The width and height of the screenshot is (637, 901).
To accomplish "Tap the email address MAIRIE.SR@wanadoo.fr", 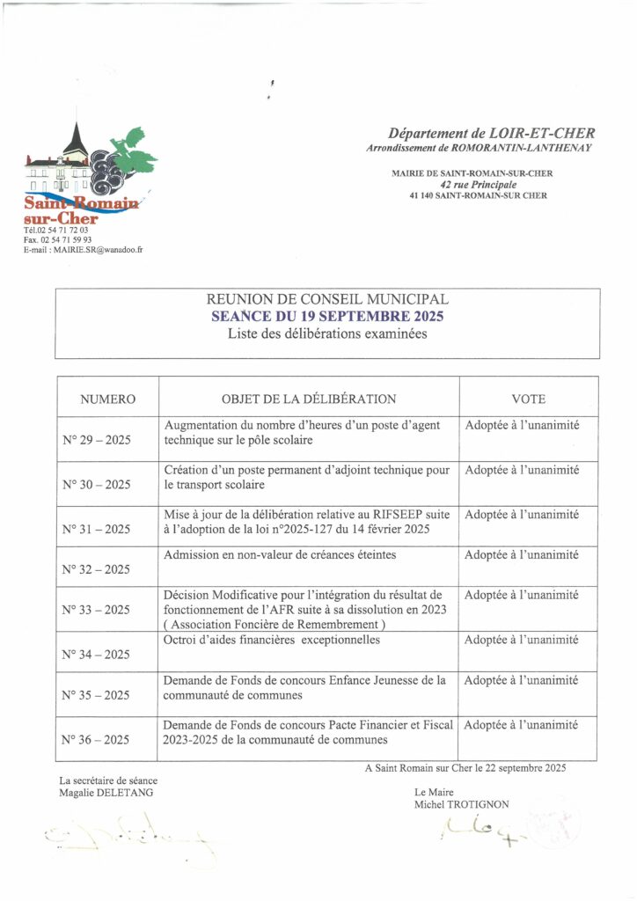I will [98, 250].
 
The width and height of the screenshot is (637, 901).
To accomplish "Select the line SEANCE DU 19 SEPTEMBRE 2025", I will [327, 317].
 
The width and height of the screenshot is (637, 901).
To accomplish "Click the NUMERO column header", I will [107, 399].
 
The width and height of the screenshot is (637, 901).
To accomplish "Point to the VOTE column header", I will [528, 399].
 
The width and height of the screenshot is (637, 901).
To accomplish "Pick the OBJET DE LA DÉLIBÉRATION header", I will [309, 399].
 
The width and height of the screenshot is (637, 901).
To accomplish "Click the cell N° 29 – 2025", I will [97, 440].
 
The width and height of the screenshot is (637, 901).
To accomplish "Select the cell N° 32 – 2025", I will [97, 569].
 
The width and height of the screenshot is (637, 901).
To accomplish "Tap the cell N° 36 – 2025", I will [97, 741].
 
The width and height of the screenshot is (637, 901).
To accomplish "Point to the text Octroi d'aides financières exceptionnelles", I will [271, 640].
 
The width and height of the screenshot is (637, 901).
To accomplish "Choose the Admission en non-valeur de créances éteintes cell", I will [280, 555].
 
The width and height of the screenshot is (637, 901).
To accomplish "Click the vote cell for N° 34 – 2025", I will [521, 640].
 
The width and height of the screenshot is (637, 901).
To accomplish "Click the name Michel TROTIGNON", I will [461, 804].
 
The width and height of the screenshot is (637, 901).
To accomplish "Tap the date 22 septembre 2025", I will [521, 768].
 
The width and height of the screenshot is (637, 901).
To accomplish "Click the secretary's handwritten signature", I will [132, 839].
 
